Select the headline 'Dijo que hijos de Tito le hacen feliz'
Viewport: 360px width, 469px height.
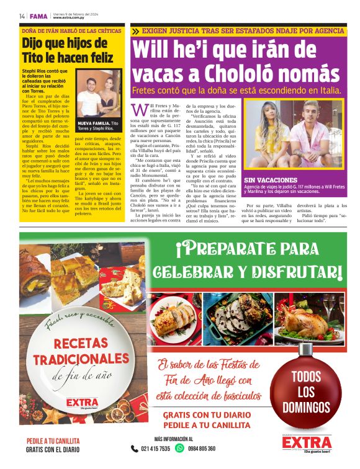[68, 50]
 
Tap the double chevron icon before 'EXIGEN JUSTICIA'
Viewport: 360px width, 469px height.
[135, 30]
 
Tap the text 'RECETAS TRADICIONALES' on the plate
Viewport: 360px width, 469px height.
[78, 351]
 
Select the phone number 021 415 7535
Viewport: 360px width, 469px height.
[155, 449]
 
